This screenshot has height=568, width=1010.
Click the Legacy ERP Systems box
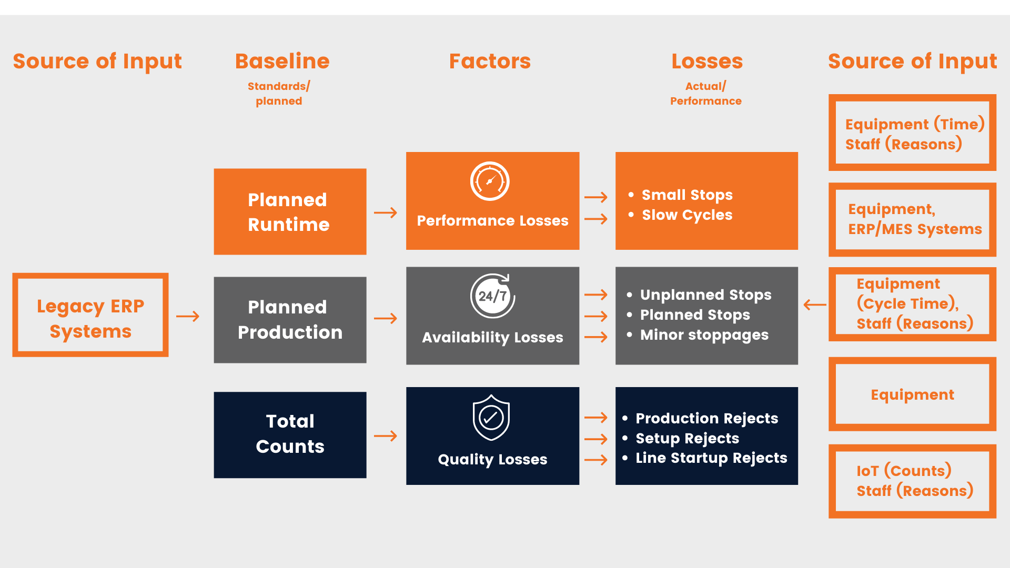90,315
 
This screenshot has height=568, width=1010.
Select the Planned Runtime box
290,212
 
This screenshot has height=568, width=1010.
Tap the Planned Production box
290,320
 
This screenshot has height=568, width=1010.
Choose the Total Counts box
290,434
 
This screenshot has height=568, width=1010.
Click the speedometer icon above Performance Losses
490,181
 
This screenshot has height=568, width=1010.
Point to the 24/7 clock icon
492,296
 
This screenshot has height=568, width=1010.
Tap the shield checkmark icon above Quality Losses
491,418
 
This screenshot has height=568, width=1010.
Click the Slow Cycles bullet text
686,215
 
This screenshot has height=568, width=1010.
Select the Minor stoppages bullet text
704,335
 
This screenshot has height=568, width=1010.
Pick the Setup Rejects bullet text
687,438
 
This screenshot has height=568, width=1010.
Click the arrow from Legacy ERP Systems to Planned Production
188,316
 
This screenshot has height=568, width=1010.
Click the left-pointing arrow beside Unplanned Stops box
815,305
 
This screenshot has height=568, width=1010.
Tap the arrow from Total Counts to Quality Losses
386,435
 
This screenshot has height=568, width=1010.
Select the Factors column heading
490,62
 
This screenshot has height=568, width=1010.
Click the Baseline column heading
282,62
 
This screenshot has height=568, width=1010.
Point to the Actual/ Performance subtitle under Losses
705,94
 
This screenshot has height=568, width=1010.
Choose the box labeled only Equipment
912,394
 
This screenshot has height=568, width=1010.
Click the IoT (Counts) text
904,470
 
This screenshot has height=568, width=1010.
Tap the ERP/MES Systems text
915,229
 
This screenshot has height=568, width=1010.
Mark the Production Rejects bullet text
706,418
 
